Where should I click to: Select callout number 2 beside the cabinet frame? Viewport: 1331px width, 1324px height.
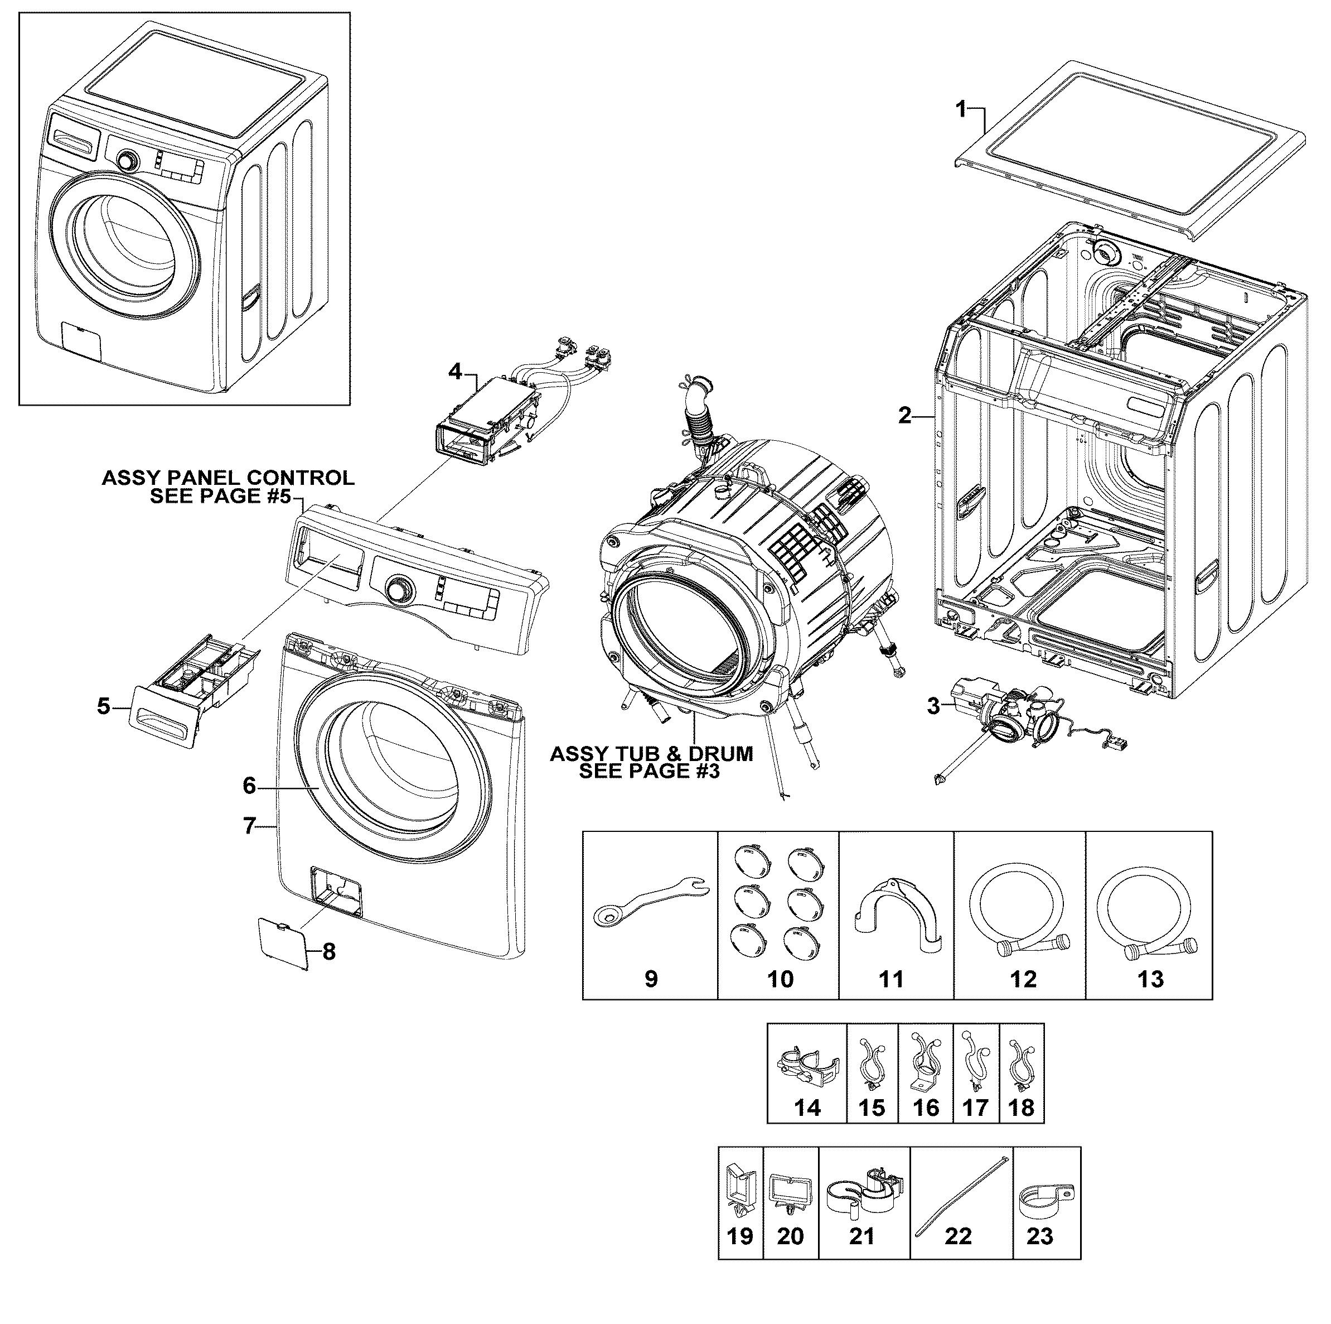point(904,416)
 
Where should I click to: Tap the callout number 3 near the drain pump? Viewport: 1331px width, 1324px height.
point(933,706)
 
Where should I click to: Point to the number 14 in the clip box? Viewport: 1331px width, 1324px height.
point(807,1108)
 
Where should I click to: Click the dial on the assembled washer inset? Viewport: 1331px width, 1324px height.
point(127,161)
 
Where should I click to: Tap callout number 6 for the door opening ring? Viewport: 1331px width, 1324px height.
point(249,786)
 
